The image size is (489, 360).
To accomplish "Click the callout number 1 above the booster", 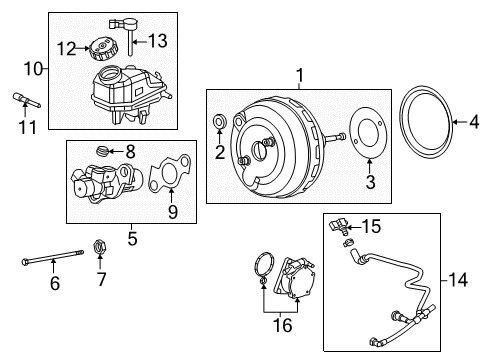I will tap(297, 74).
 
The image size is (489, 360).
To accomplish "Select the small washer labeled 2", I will tap(219, 124).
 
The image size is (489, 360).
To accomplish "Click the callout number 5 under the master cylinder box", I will tap(133, 239).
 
